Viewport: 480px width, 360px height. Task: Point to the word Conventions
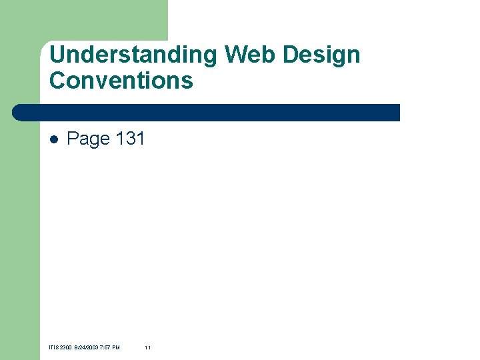pyautogui.click(x=121, y=80)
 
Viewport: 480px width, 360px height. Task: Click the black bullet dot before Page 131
pyautogui.click(x=54, y=139)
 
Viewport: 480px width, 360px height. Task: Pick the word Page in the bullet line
pyautogui.click(x=88, y=139)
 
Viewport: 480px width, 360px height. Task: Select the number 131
pyautogui.click(x=130, y=139)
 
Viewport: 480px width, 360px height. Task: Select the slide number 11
pyautogui.click(x=147, y=347)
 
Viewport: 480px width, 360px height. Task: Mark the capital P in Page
pyautogui.click(x=73, y=139)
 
